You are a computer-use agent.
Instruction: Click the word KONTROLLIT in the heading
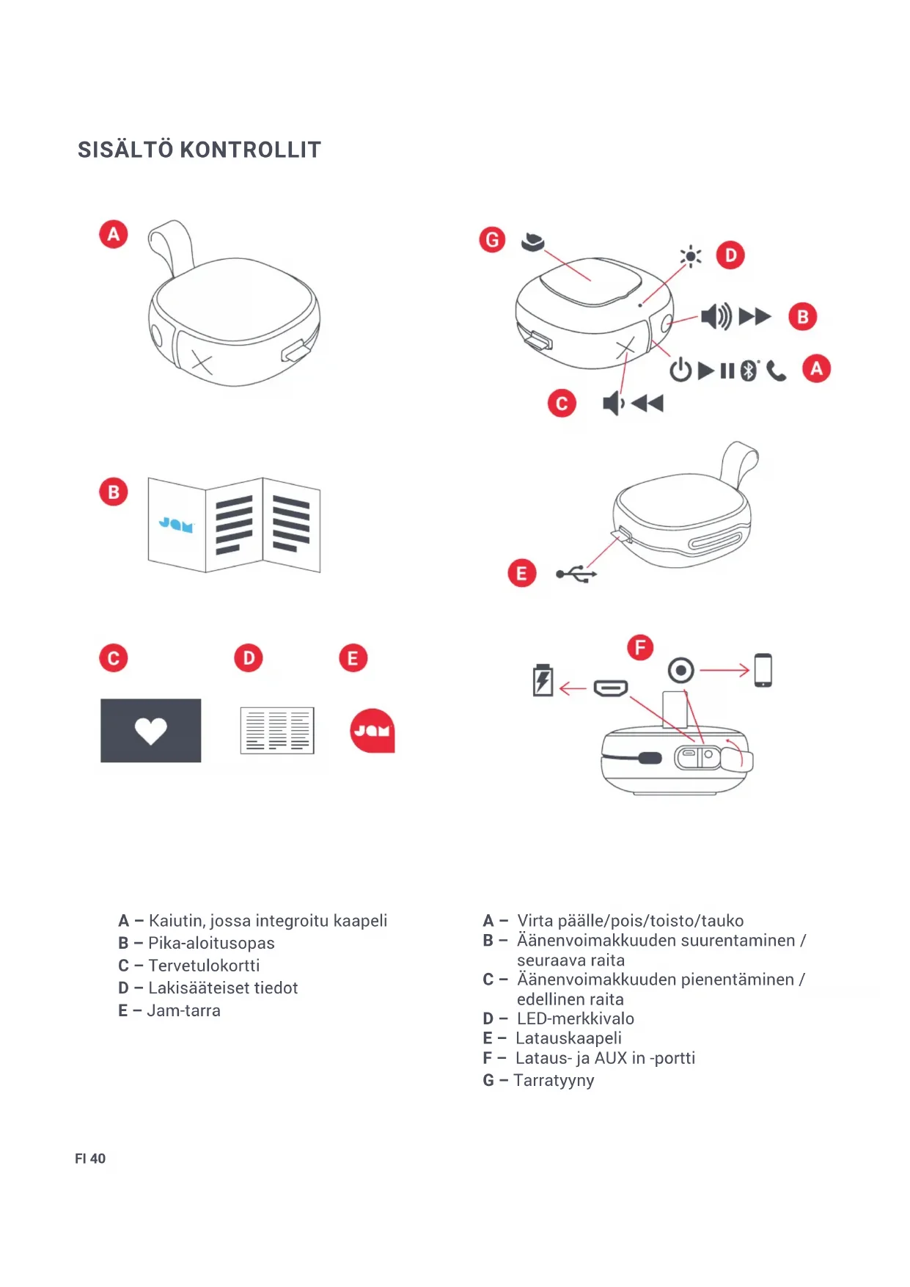coord(250,150)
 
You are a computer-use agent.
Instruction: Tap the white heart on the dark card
coord(151,731)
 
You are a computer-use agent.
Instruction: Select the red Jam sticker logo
coord(373,731)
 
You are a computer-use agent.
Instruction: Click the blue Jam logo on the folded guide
coord(176,524)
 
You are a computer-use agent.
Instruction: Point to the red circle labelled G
coord(492,239)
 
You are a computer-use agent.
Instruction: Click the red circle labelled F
coord(640,647)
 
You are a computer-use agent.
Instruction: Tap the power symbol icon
coord(680,370)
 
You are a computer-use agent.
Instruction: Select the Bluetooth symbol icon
coord(748,371)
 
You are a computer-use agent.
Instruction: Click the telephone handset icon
coord(776,372)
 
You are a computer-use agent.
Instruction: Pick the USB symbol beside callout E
coord(576,574)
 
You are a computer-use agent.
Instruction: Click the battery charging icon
coord(543,680)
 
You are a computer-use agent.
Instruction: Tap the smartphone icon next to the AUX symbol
coord(763,670)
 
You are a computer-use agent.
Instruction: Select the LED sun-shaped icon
coord(690,256)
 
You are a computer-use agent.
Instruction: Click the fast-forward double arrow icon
coord(755,317)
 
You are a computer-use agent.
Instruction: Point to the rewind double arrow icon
coord(647,403)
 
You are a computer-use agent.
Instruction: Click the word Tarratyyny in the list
coord(554,1080)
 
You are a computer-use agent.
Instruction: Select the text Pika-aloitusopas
coord(211,943)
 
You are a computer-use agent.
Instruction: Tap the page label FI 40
coord(90,1159)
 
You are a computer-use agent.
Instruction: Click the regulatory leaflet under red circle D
coord(277,731)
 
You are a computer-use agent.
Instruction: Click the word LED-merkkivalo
coord(576,1018)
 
